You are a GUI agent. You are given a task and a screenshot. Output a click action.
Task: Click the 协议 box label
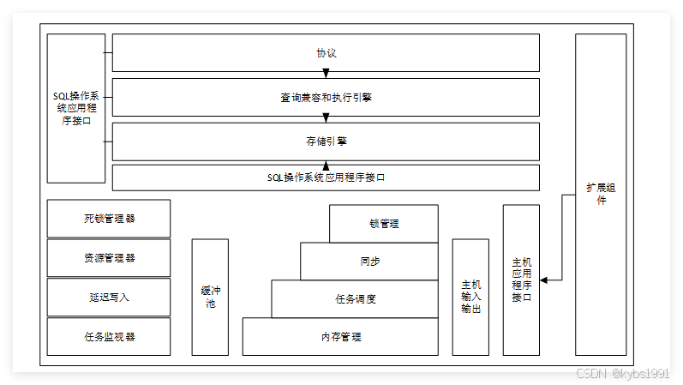coord(326,53)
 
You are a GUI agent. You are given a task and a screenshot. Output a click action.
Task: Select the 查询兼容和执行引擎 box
coord(326,98)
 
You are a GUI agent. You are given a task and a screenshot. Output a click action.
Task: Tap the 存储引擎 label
coord(326,141)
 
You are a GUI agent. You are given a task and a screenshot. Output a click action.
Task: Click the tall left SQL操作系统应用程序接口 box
coord(76,108)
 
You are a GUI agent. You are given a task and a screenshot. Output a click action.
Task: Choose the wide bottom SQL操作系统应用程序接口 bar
coord(326,177)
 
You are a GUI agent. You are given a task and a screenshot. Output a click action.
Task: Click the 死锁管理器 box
coord(109,219)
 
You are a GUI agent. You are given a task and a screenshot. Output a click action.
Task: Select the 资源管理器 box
coord(109,258)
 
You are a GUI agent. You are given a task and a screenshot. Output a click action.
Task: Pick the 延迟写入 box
coord(109,298)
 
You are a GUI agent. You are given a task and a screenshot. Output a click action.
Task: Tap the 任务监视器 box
coord(109,337)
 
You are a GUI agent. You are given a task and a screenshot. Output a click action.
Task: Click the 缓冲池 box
coord(210,297)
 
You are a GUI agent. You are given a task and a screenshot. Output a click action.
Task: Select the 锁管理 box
coord(384,224)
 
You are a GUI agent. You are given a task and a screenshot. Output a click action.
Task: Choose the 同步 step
coord(369,261)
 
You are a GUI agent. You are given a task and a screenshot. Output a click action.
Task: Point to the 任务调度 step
coord(356,299)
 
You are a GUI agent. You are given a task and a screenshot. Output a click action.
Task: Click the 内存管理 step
coord(341,337)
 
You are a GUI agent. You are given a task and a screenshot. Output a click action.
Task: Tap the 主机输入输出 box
coord(470,297)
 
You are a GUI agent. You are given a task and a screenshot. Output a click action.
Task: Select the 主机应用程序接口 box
coord(521,280)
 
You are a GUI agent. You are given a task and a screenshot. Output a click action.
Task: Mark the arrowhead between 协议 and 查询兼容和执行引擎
coord(326,74)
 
